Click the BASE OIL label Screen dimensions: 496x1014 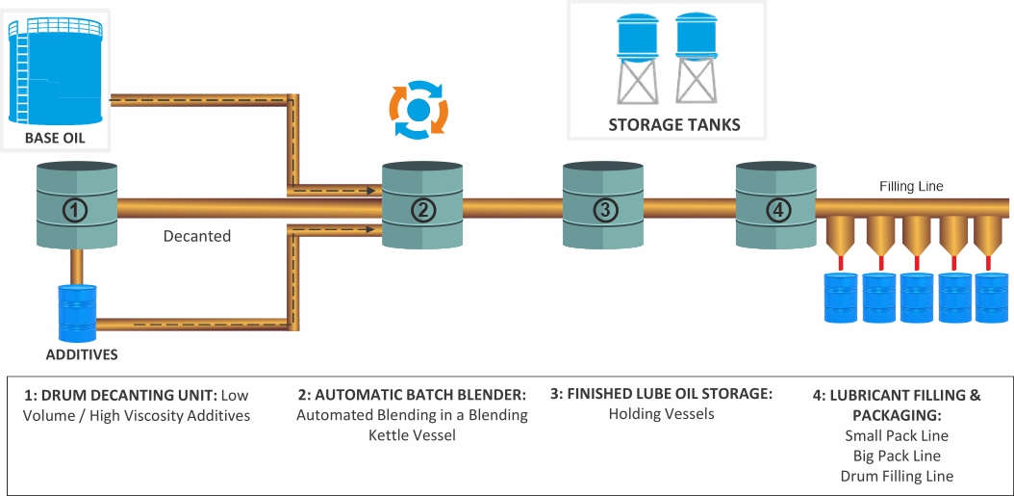point(54,139)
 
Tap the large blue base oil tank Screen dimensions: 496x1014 point(55,70)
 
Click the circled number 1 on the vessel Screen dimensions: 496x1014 point(76,208)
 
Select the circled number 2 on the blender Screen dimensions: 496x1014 point(423,208)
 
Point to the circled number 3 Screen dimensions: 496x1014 point(603,208)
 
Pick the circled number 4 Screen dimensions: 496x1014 point(776,208)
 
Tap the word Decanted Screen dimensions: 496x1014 point(197,236)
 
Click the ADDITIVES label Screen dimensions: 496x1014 point(82,354)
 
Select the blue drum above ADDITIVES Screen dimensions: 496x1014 point(77,312)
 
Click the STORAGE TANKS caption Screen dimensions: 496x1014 point(673,125)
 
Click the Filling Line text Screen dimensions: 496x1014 point(911,186)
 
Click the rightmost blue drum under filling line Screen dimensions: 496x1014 point(992,299)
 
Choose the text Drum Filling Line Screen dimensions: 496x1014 point(897,476)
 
